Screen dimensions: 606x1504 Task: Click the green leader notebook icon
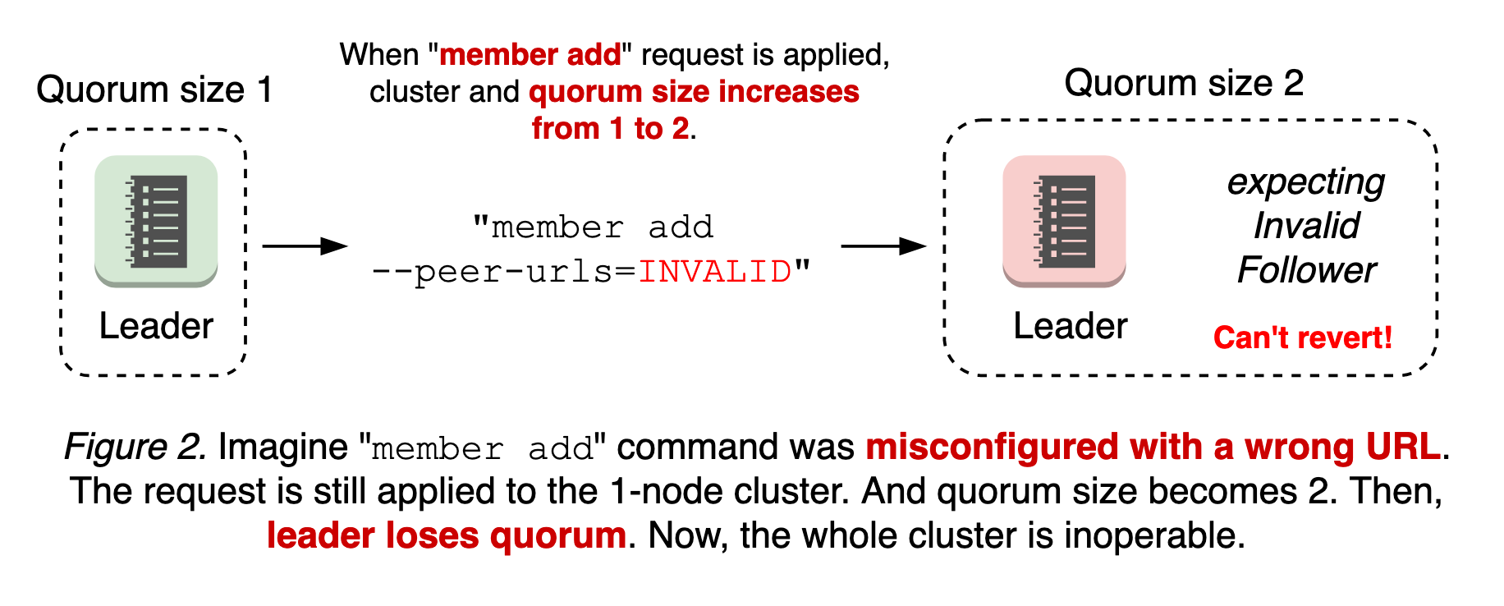click(156, 221)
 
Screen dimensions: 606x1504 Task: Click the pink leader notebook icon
click(1064, 221)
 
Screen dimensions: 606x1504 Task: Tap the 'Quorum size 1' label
click(154, 90)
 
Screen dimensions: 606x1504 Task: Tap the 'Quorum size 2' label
click(1183, 83)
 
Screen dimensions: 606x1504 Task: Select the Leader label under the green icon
click(156, 326)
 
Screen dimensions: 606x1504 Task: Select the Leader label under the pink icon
click(1070, 326)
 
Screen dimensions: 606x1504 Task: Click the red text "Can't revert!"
click(1302, 337)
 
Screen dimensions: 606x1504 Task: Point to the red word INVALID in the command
click(714, 272)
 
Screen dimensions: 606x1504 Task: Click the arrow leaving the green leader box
click(305, 246)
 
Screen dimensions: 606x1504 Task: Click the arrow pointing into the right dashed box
click(883, 246)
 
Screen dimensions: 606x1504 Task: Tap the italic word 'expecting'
click(1305, 182)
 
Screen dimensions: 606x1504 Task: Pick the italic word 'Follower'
click(1306, 270)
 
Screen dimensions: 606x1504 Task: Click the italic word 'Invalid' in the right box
click(1306, 226)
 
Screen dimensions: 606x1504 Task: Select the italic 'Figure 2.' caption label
click(135, 448)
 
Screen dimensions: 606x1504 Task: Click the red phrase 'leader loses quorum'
click(447, 536)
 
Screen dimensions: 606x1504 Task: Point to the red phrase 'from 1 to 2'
click(610, 129)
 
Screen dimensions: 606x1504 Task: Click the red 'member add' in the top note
click(530, 55)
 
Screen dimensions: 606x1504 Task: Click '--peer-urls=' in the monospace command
click(505, 272)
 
